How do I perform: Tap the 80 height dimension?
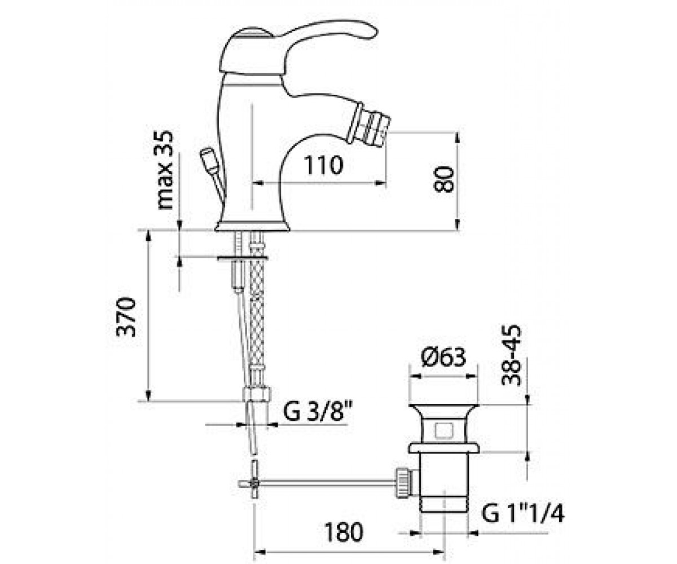[x=443, y=179]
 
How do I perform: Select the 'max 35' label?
[x=165, y=170]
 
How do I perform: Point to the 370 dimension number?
[x=126, y=317]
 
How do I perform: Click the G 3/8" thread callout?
[x=318, y=411]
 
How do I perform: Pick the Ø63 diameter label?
[x=443, y=357]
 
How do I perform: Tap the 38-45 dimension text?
[x=511, y=355]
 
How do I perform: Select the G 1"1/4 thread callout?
[x=523, y=513]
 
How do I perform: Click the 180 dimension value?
[x=344, y=532]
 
